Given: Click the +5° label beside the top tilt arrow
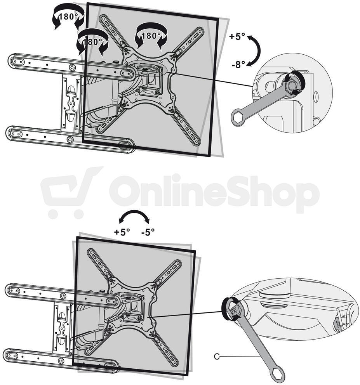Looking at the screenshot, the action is [x=237, y=36].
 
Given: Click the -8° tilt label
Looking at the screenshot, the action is [x=238, y=64].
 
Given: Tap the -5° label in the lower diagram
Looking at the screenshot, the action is [x=148, y=232].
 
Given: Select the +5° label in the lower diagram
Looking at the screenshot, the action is [x=122, y=232].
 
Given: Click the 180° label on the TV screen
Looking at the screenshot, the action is [x=151, y=36].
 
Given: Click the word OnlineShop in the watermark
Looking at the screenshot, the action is [x=214, y=194].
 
